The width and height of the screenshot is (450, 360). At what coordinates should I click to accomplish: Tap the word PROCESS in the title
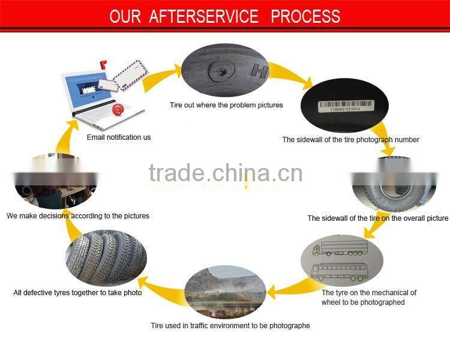tap(305, 16)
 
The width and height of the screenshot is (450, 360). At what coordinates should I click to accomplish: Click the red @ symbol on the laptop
tap(118, 110)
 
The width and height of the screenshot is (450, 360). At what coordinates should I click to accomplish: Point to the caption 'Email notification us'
tap(119, 137)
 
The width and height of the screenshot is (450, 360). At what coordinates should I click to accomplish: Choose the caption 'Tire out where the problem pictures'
tap(226, 106)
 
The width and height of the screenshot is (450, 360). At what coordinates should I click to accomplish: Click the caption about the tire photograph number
tap(350, 140)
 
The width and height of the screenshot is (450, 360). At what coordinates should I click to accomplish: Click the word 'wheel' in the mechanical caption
tap(334, 302)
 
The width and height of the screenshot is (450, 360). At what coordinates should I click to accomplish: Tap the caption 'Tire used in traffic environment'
tap(230, 326)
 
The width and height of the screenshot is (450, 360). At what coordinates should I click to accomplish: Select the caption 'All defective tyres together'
tap(78, 293)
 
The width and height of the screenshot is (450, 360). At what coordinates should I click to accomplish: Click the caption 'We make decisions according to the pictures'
tap(78, 215)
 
